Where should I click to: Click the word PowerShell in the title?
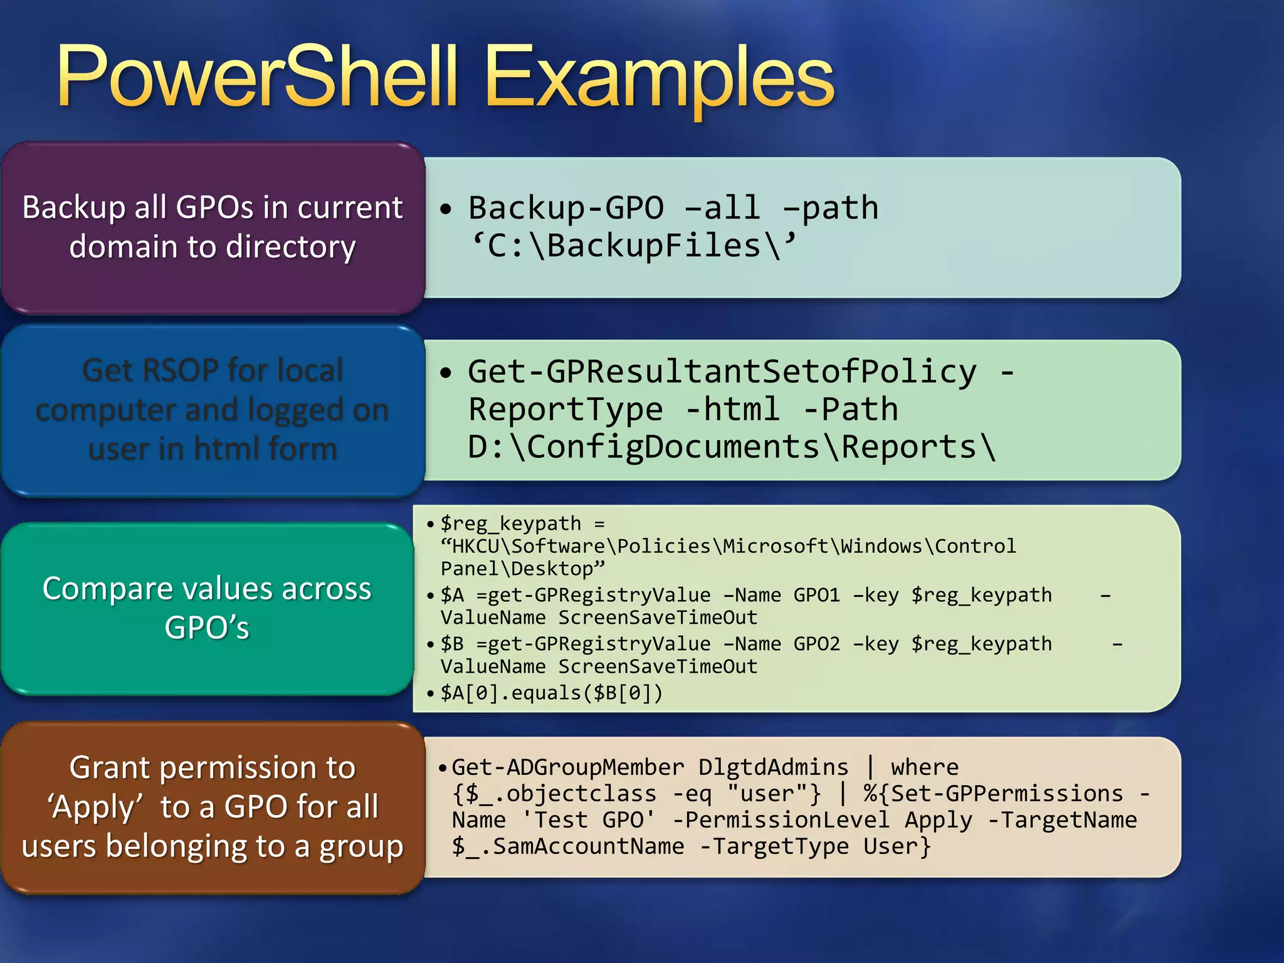tap(257, 78)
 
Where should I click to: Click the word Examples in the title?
tap(658, 78)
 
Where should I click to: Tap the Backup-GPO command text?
tap(566, 208)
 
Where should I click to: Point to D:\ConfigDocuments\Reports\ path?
tap(731, 448)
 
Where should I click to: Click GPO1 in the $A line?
tap(816, 595)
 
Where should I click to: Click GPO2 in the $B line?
tap(816, 644)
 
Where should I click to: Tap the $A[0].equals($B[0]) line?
tap(551, 693)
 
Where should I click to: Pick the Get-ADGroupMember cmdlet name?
tap(567, 767)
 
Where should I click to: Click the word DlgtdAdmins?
tap(773, 767)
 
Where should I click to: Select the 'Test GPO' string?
tap(588, 820)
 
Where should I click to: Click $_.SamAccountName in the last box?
tap(567, 846)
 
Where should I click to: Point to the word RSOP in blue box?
tap(182, 371)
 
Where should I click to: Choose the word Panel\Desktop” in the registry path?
tap(522, 569)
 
